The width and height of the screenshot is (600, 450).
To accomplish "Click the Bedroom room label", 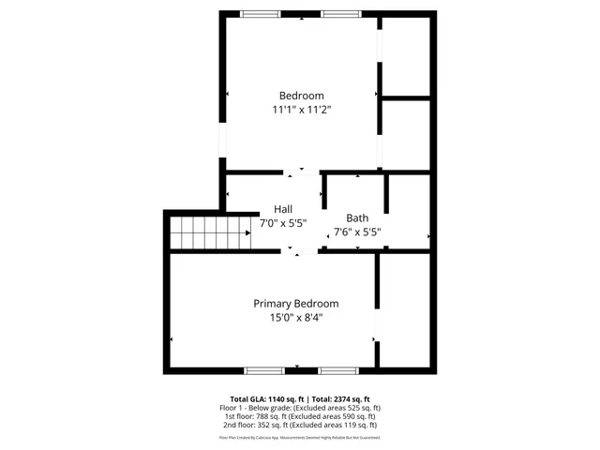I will coord(301,96).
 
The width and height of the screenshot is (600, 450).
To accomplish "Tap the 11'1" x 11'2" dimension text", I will coord(301,110).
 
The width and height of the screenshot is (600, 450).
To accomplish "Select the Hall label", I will coord(283,209).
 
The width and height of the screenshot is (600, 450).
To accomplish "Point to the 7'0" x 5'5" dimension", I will coord(283,223).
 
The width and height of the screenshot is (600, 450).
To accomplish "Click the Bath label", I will coord(357,217).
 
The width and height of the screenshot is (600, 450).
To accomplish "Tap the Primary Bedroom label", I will coord(296,304).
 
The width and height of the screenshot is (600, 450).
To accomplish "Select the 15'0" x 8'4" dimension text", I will coord(296,318).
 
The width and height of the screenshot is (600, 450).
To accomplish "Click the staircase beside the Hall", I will coord(210,232).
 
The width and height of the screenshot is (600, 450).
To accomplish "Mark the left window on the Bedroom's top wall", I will coord(260,14).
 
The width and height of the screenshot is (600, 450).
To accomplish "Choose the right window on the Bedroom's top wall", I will coord(340,14).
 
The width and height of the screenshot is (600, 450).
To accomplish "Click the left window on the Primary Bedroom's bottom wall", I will coord(264,370).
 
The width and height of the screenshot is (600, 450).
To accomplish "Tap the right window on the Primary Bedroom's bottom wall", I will coord(337,370).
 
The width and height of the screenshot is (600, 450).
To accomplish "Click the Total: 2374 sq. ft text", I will coord(339,398).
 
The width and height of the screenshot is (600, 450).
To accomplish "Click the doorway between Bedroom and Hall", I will coord(302,172).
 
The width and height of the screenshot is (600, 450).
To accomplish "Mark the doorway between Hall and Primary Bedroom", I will coord(302,250).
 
